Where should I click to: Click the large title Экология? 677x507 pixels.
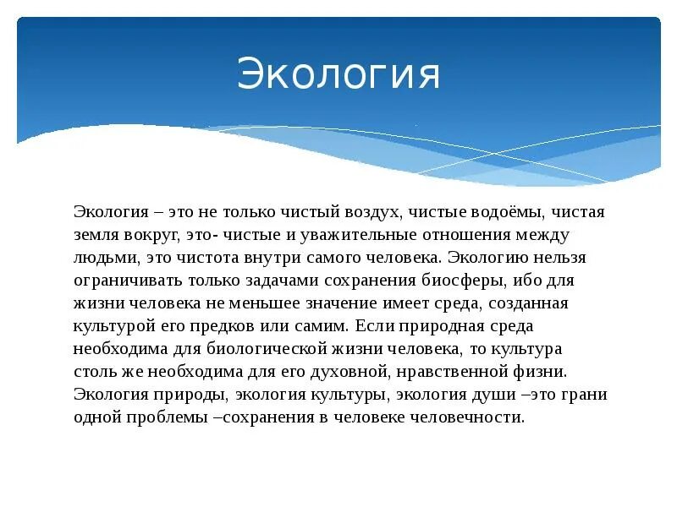(338, 74)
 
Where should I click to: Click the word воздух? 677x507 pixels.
(383, 211)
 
